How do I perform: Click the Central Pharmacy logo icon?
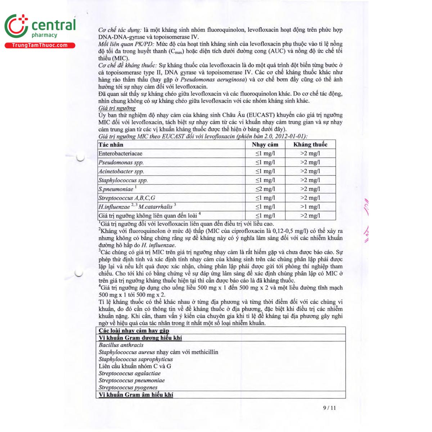[x=16, y=26]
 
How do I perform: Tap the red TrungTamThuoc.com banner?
[x=40, y=45]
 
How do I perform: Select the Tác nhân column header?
[x=111, y=145]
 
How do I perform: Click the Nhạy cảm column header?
[x=265, y=145]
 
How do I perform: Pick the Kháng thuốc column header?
[x=310, y=145]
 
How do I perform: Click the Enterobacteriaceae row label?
[x=121, y=154]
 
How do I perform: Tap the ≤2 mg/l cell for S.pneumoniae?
[x=265, y=189]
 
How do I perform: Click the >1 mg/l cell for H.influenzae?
[x=310, y=207]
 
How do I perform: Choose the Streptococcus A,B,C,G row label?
[x=127, y=198]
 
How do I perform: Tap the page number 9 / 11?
[x=329, y=408]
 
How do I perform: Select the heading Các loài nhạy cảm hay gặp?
[x=134, y=330]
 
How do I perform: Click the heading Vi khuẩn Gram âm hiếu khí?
[x=136, y=395]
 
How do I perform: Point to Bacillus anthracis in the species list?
[x=121, y=345]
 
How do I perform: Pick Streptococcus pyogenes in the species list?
[x=128, y=388]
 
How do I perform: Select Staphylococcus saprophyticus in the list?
[x=136, y=359]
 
